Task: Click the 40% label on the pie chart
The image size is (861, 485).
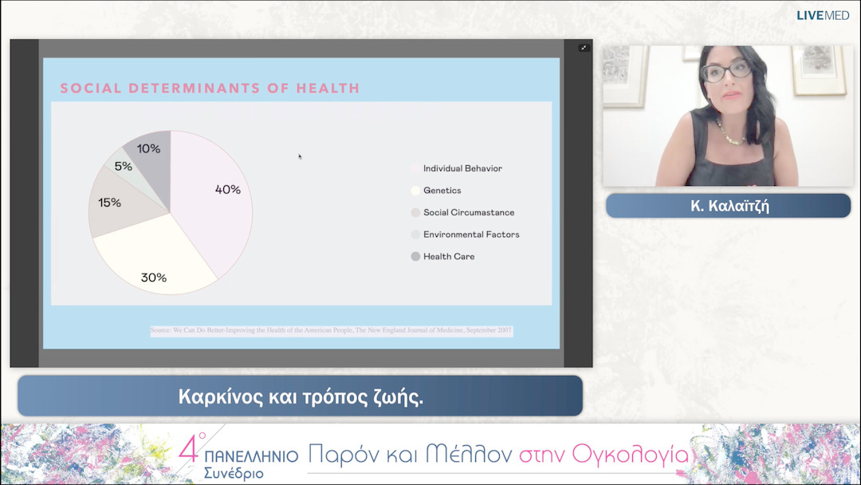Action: [227, 190]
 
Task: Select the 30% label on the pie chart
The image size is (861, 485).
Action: [154, 278]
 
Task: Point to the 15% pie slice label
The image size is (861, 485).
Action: [109, 203]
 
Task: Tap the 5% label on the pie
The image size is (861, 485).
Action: [124, 167]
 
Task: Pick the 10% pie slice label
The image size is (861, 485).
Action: [148, 148]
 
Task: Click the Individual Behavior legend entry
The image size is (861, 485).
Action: [462, 168]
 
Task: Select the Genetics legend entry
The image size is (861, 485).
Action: [442, 191]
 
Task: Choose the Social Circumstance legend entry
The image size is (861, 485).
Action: [468, 212]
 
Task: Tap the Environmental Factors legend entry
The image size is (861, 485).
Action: [471, 235]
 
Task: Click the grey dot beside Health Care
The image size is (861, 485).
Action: [415, 256]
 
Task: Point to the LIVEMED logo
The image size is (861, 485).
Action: [824, 15]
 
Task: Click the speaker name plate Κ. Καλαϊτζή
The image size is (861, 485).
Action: [728, 206]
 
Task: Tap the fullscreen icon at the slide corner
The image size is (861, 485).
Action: [584, 48]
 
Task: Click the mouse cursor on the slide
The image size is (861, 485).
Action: [300, 156]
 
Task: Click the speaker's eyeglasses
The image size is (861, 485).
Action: [726, 70]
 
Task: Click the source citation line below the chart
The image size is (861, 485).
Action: [331, 330]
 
